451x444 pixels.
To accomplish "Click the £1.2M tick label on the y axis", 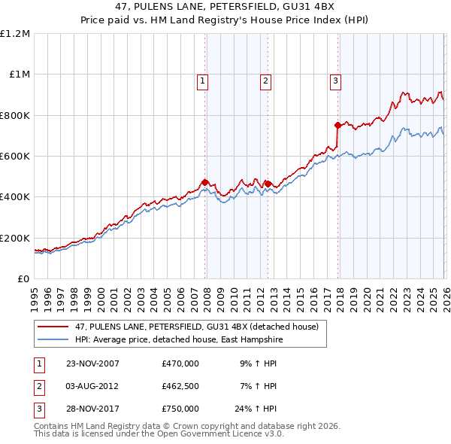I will tap(15, 33).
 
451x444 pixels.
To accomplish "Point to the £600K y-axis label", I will tap(15, 156).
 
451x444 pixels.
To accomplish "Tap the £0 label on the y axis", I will tap(23, 278).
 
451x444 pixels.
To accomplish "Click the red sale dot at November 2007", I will tap(204, 182).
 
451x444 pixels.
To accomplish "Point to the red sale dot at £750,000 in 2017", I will tap(337, 125).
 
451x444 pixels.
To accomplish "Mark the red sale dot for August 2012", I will tap(267, 184).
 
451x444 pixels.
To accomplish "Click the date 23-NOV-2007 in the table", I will tap(92, 363).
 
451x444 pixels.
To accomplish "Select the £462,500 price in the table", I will tap(180, 386).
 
